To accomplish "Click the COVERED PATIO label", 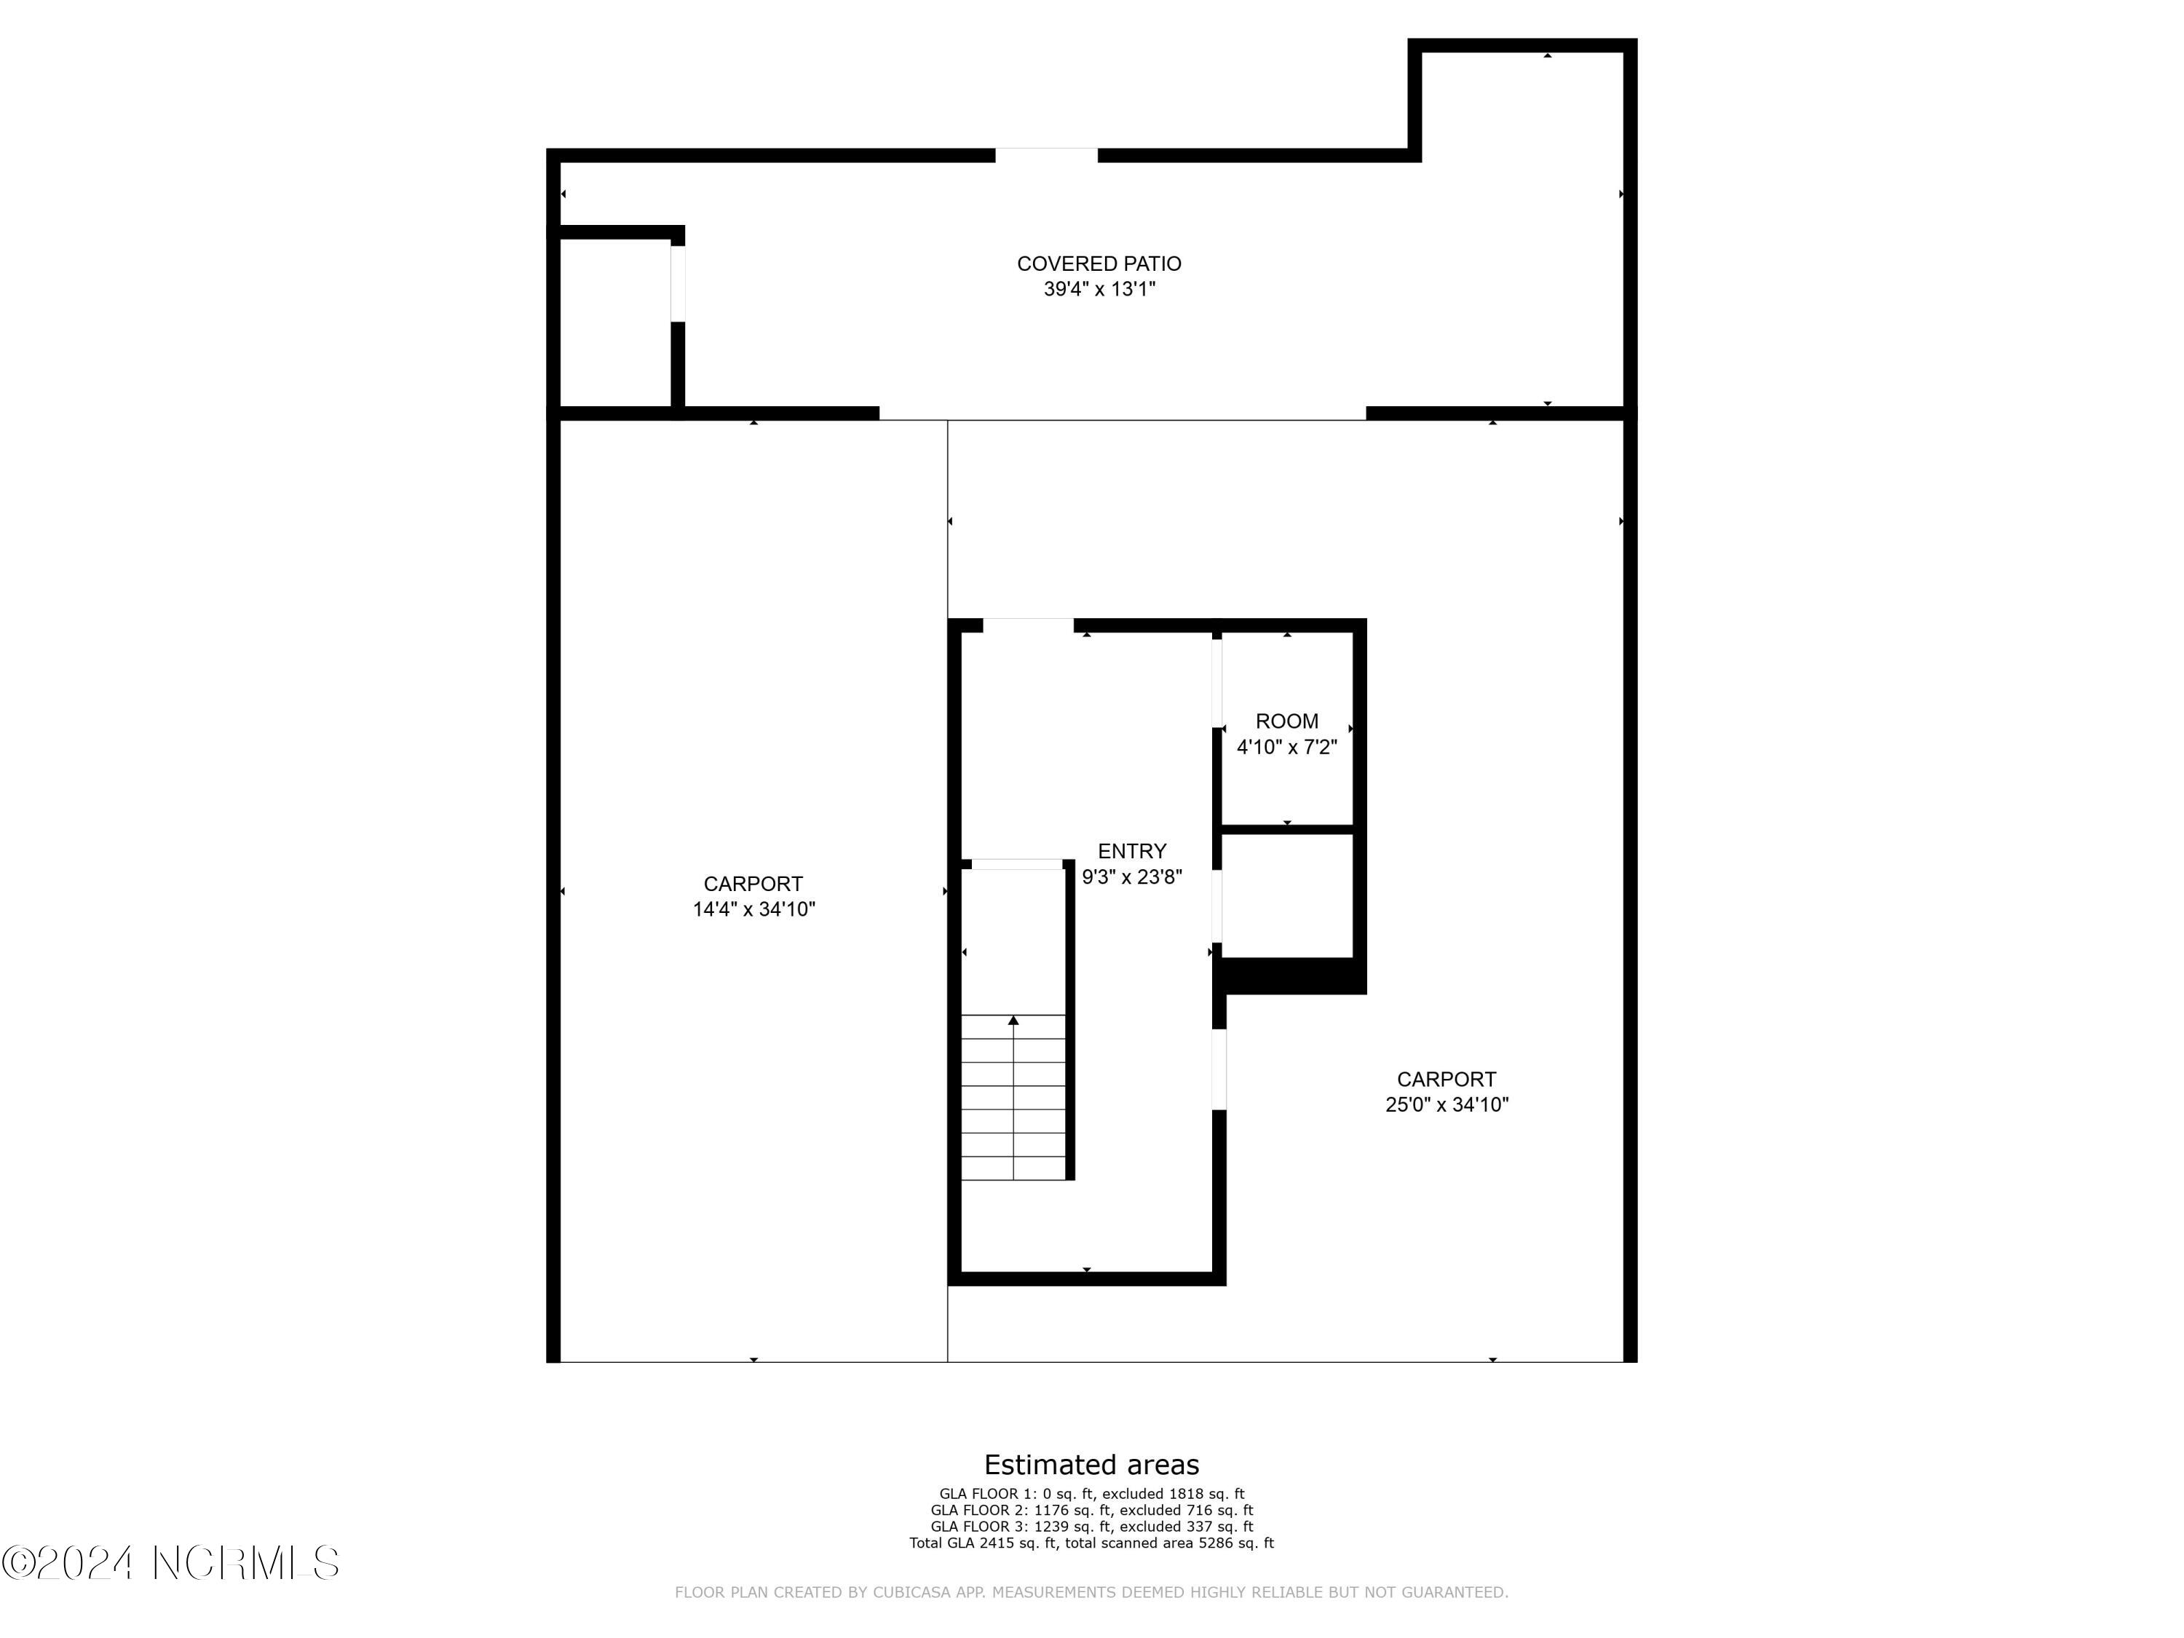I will (1099, 264).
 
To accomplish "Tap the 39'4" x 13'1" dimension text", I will (1099, 289).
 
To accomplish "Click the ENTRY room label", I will (1131, 851).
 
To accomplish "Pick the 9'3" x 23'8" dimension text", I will (1131, 877).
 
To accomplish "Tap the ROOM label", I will (1286, 721).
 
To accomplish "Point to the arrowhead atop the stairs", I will (1013, 1020).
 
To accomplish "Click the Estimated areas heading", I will (1091, 1464).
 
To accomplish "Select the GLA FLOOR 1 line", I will (1091, 1494).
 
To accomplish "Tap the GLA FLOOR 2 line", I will (1091, 1510).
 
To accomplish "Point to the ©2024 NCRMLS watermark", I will (171, 1563).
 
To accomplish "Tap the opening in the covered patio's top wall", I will (1045, 155).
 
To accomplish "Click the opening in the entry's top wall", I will (1028, 625).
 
